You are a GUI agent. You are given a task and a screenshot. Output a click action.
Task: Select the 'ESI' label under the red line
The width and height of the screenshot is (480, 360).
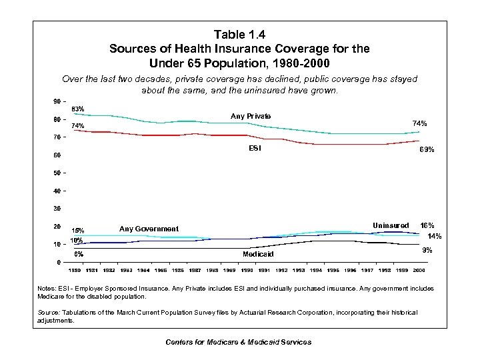(255, 149)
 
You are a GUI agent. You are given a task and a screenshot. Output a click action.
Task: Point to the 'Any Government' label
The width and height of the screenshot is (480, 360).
(149, 229)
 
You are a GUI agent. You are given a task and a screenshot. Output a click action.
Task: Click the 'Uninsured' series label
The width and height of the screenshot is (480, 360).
(391, 225)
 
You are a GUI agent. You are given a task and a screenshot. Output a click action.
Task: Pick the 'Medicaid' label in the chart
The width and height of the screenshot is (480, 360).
(258, 254)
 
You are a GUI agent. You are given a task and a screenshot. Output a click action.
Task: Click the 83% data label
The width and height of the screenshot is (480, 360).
(78, 109)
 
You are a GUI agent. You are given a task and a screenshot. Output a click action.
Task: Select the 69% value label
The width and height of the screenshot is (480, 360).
(427, 151)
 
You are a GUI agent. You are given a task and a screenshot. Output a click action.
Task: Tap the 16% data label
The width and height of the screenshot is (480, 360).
(427, 225)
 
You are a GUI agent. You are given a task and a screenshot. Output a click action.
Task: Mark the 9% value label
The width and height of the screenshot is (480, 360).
(428, 250)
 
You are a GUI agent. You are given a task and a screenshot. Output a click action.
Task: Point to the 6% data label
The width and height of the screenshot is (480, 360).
(78, 253)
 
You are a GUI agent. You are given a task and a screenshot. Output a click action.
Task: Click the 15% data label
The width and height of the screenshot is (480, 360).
(78, 231)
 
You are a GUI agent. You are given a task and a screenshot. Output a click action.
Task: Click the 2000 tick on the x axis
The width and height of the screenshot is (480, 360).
(419, 270)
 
